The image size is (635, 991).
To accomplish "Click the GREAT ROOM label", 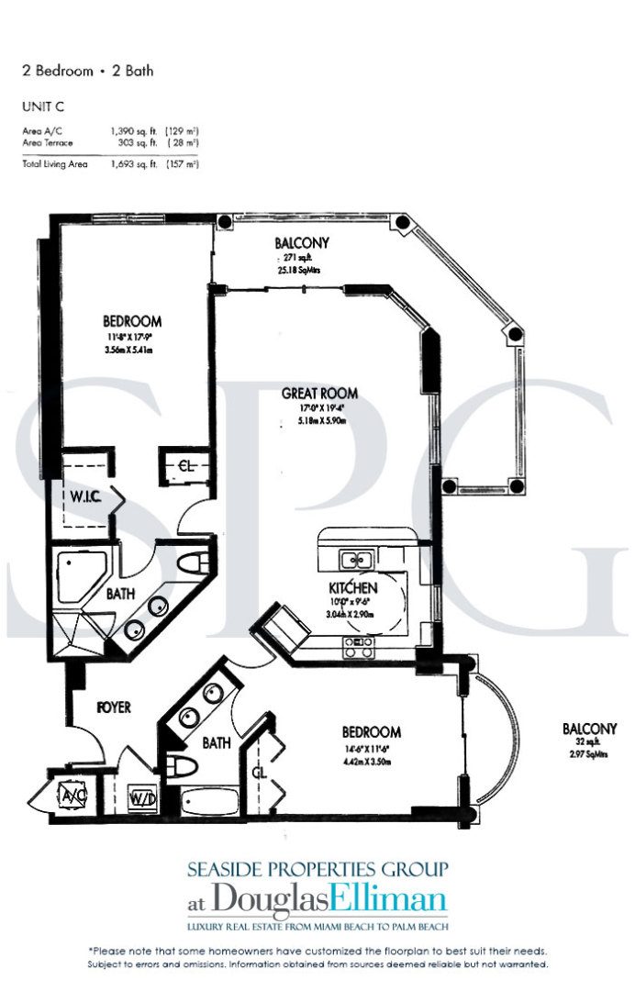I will coord(319,394).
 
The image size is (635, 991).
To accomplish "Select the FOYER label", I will coord(113,707).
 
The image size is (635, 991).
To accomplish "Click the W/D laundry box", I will coord(141,799).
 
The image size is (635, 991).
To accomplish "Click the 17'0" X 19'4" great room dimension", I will coord(319,410).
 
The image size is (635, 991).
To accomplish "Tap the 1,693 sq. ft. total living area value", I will coord(127,164).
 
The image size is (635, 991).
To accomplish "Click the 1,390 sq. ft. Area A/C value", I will coord(127,132).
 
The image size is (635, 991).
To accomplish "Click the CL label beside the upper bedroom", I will coord(185,465).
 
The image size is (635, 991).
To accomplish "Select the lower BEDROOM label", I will coord(371,732).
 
